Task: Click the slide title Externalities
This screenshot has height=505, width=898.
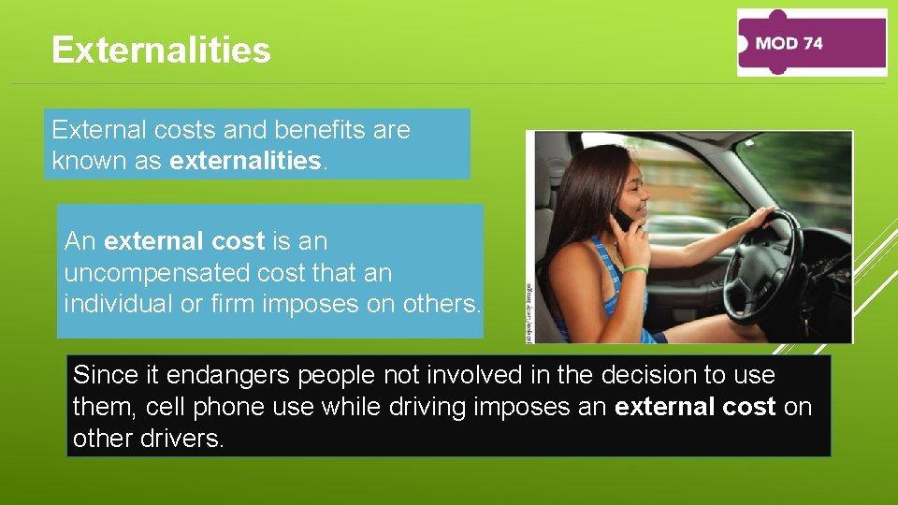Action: click(161, 50)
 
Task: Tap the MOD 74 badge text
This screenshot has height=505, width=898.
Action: click(788, 43)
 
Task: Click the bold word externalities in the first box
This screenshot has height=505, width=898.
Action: click(245, 161)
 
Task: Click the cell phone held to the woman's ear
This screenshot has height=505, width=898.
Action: click(621, 222)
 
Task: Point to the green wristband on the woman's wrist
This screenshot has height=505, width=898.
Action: click(636, 269)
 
